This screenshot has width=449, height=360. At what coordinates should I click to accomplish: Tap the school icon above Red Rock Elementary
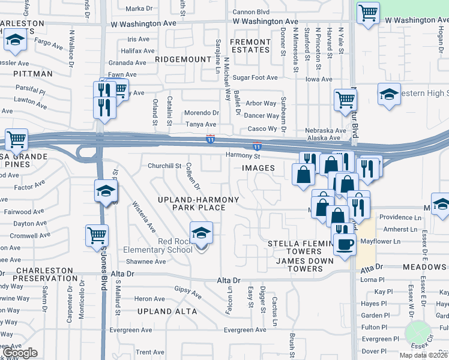click(201, 233)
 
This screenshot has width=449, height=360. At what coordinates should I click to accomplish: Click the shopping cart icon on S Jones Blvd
click(97, 235)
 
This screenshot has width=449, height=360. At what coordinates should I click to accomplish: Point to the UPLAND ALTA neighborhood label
click(167, 311)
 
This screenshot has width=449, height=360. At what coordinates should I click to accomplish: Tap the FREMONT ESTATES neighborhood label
click(250, 46)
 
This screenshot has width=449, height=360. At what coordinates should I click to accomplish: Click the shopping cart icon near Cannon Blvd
click(368, 13)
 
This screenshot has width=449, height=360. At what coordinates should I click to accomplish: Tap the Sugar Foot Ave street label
click(255, 78)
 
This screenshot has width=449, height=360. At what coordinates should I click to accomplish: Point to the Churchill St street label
click(164, 166)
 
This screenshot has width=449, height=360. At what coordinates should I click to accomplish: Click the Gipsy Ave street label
click(188, 292)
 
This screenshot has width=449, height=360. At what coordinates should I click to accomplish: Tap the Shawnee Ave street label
click(146, 262)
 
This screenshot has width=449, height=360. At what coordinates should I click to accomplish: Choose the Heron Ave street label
click(149, 299)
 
